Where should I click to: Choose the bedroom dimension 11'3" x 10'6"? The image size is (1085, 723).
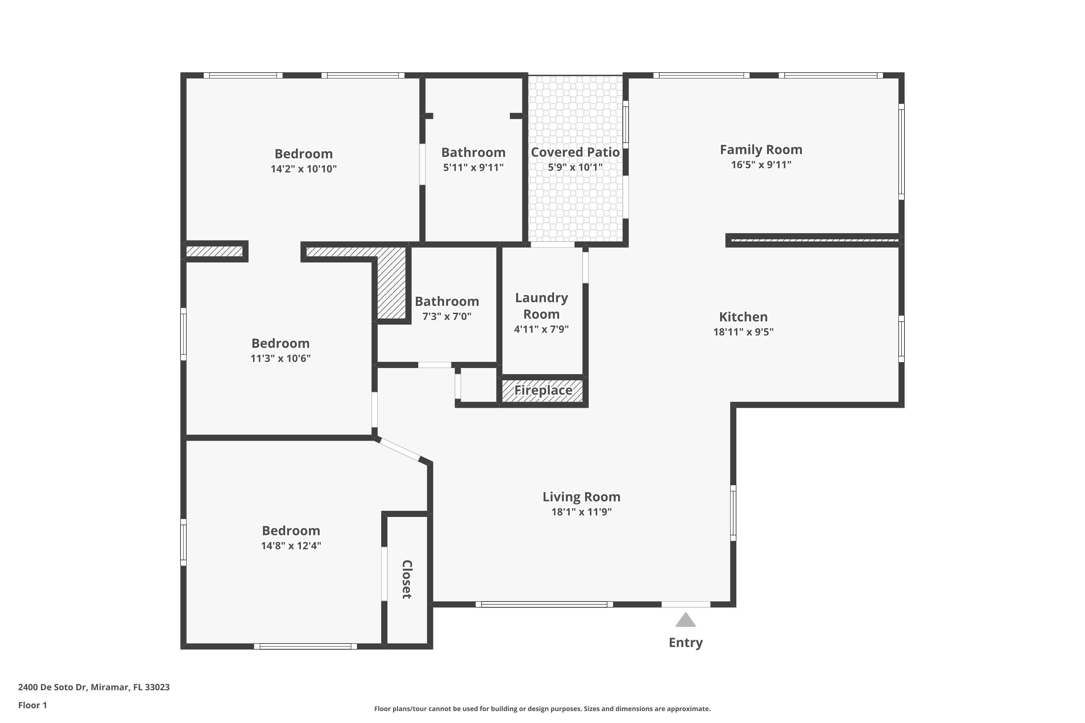(281, 359)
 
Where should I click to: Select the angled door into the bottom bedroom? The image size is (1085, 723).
(400, 450)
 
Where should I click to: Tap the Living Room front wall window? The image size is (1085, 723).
(544, 604)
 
